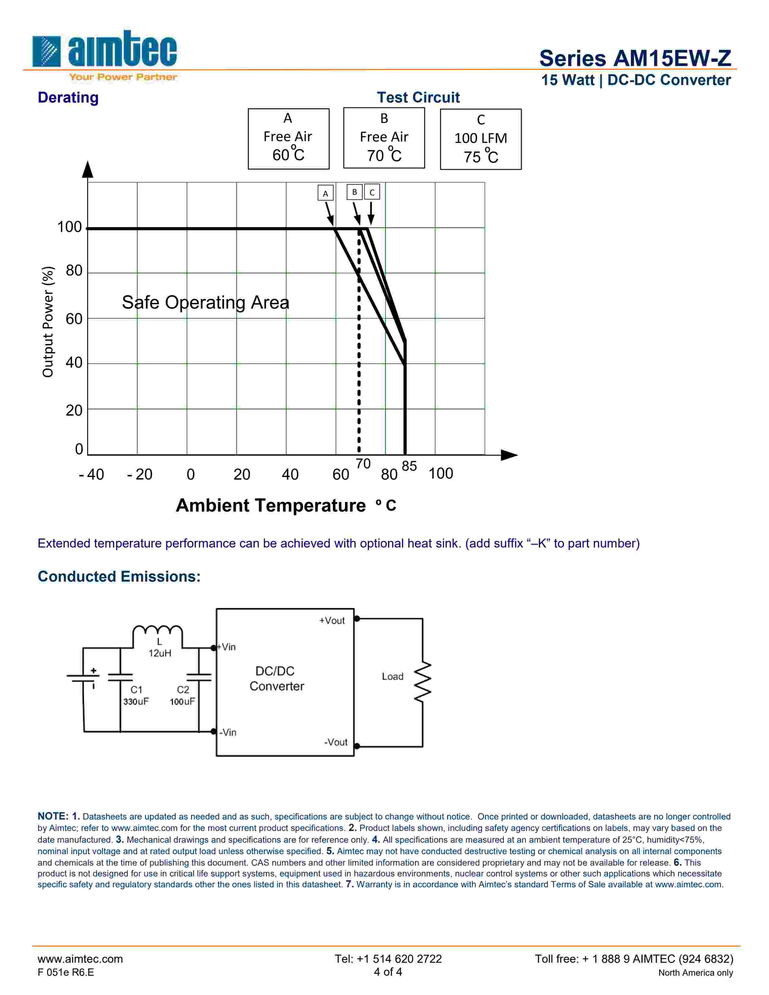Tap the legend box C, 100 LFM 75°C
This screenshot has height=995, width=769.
coord(481,139)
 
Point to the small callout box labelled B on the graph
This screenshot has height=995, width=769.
coord(354,192)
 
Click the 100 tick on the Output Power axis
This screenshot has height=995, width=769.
coord(69,227)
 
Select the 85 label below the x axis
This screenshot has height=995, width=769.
coord(409,466)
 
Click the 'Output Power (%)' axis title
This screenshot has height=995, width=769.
coord(48,322)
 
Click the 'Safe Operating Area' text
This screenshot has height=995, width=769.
coord(205,302)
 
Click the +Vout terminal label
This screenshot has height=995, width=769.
coord(332,621)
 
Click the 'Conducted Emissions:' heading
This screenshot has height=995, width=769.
coord(119,576)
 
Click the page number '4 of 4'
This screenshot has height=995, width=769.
coord(388,972)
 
